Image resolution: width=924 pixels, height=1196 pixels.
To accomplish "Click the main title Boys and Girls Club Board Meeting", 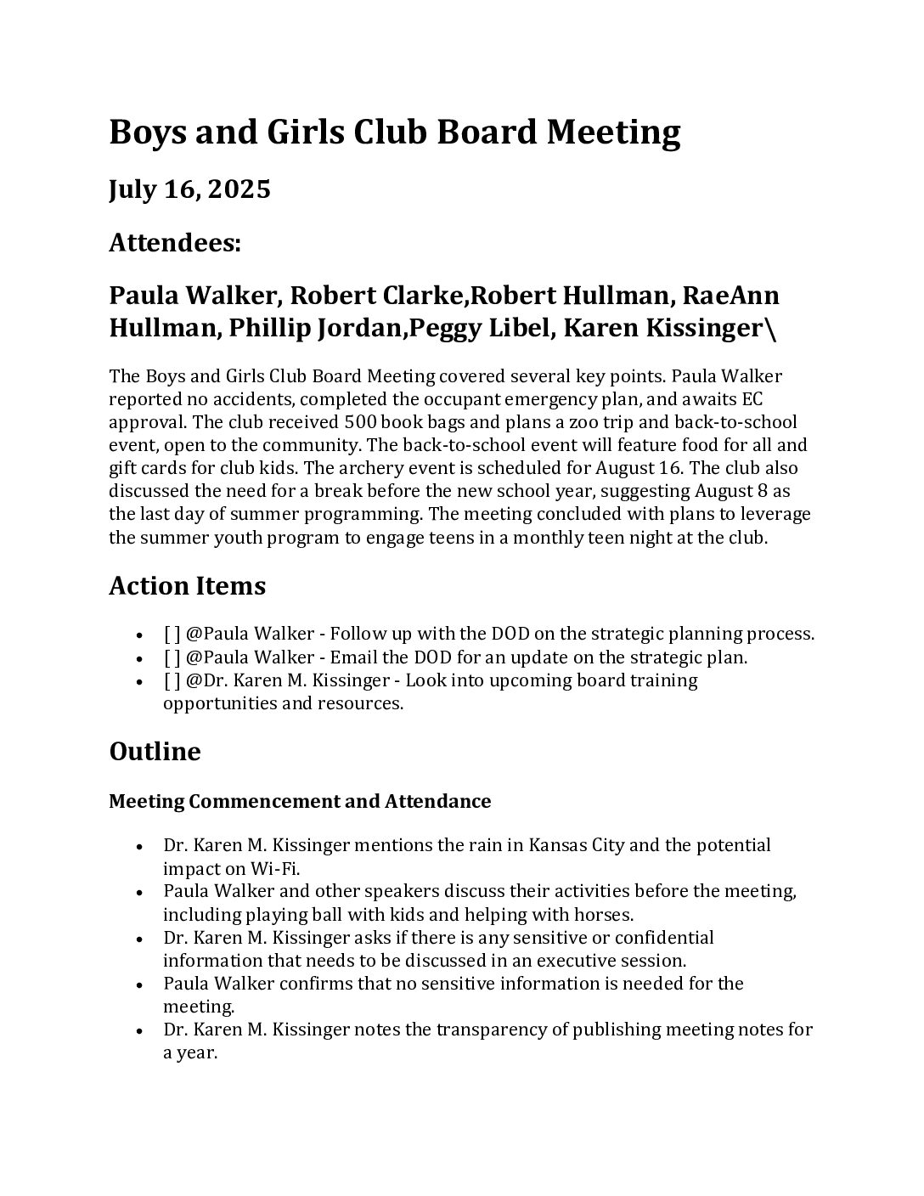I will click(x=394, y=133).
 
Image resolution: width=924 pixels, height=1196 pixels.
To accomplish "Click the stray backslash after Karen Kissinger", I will click(x=770, y=329).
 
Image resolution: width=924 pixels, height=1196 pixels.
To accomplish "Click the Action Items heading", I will click(x=187, y=586).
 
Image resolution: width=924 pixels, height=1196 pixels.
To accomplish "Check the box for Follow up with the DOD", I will click(x=172, y=635).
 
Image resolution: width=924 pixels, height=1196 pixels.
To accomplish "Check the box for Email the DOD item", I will click(x=172, y=657).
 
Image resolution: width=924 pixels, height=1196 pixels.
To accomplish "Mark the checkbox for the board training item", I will click(x=172, y=680).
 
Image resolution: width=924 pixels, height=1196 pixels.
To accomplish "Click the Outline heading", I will click(x=155, y=752).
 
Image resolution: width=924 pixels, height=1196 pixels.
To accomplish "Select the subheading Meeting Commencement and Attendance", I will click(x=300, y=801).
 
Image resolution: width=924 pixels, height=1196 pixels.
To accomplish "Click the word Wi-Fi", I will click(x=274, y=868).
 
